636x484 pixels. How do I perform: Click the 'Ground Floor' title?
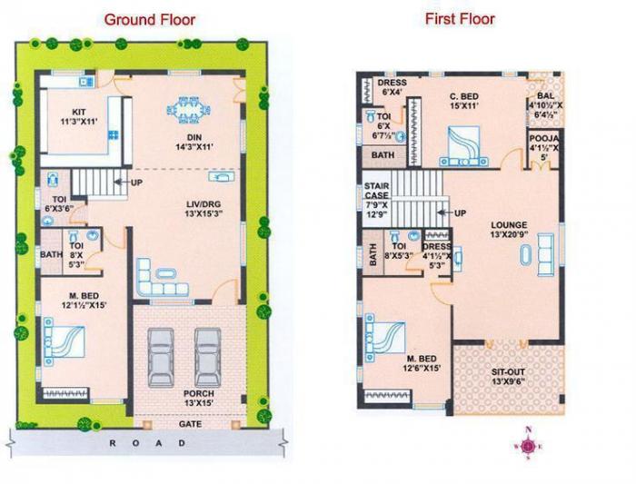[x=149, y=19]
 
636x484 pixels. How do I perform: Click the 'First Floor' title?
[x=460, y=18]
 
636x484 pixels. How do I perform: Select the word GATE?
[x=190, y=422]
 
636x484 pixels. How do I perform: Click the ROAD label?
[x=147, y=443]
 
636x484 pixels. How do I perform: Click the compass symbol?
[x=526, y=446]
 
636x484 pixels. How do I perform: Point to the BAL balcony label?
[x=546, y=104]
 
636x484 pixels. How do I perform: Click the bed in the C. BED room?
[x=467, y=143]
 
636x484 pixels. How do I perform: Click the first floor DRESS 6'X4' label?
[x=393, y=87]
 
